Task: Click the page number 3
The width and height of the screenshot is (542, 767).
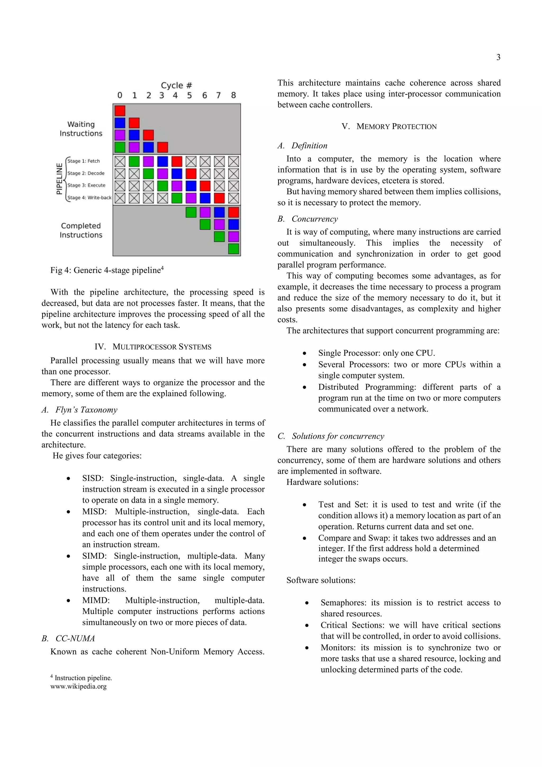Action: coord(498,57)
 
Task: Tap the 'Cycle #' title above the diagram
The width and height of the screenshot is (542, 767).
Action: coord(176,85)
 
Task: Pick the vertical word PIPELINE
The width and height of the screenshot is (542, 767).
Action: coord(59,179)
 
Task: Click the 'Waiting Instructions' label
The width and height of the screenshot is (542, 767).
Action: coord(81,129)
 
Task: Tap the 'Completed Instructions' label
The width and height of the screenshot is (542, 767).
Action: coord(81,230)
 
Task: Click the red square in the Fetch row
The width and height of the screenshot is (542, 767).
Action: coord(177,162)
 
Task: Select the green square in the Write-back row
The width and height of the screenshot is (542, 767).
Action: coord(177,198)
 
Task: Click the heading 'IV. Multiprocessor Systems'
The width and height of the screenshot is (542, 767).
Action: coord(153,347)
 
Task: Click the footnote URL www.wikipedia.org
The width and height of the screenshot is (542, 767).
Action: coord(78,687)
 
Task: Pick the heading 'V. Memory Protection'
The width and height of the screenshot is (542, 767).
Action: coord(389,127)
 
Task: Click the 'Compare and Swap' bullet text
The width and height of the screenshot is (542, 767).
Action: coord(353,538)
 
